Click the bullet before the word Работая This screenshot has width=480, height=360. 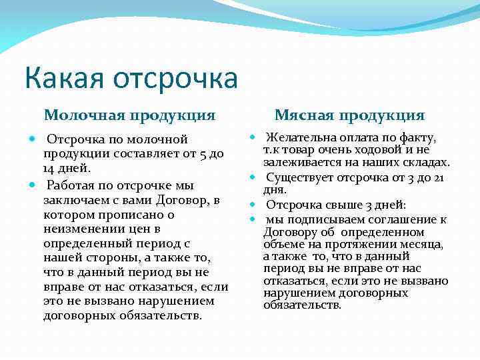tap(33, 184)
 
